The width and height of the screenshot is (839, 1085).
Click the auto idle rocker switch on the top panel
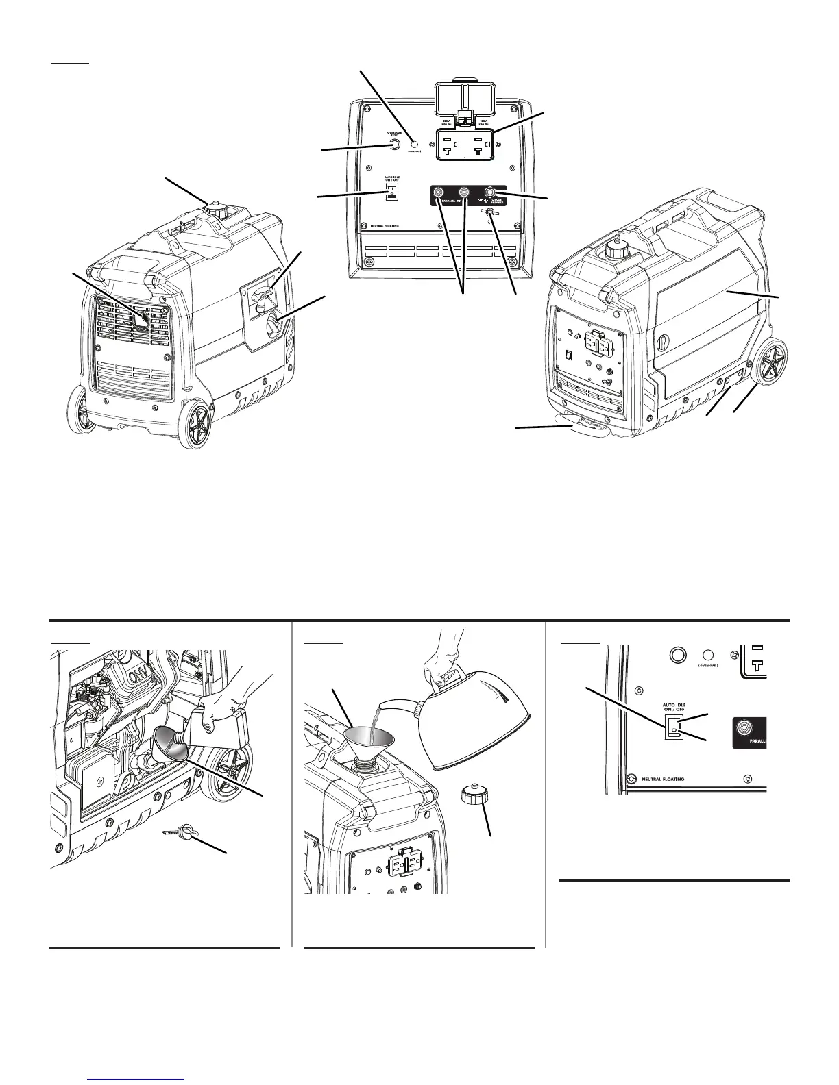[392, 192]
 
